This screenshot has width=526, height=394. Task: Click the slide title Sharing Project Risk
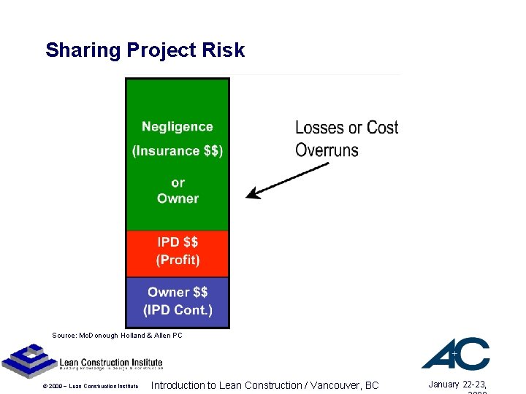(145, 50)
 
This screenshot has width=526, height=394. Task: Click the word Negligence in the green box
(178, 127)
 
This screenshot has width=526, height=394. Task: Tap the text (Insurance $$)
(178, 151)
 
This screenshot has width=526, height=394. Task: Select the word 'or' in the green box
(178, 182)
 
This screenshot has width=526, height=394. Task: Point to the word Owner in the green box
(178, 198)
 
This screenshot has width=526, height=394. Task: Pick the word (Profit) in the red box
(178, 260)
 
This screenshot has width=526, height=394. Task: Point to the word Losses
(319, 128)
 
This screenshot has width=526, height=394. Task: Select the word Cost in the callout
(382, 128)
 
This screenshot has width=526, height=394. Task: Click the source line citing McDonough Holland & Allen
(117, 336)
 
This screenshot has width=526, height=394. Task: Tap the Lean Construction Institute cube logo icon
(28, 359)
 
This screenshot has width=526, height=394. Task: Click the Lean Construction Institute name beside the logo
(110, 363)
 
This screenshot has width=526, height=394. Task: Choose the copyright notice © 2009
(89, 386)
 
